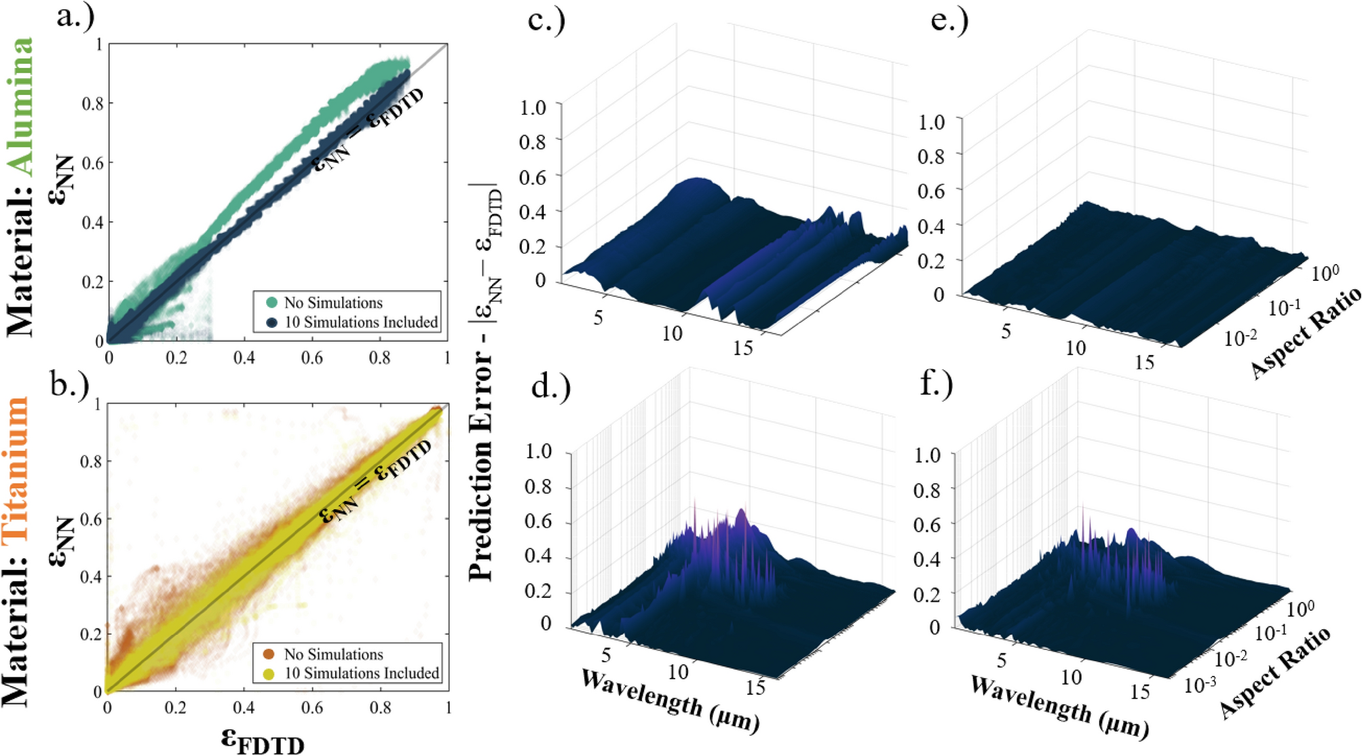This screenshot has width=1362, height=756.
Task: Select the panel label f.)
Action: pyautogui.click(x=937, y=384)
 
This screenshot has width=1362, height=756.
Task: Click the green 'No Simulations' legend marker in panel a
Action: pyautogui.click(x=271, y=303)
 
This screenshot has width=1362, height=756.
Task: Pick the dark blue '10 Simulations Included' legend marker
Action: pyautogui.click(x=271, y=322)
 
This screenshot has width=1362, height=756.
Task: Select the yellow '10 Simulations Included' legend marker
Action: pyautogui.click(x=269, y=674)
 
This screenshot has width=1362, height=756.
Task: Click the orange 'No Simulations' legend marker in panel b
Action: pyautogui.click(x=269, y=654)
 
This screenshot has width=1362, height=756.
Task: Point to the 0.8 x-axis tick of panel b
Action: pyautogui.click(x=380, y=708)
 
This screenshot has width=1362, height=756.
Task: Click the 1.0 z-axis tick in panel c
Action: pyautogui.click(x=533, y=107)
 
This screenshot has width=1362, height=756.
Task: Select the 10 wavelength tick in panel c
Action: pyautogui.click(x=671, y=333)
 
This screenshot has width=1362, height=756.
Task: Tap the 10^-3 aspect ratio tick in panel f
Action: pyautogui.click(x=1199, y=685)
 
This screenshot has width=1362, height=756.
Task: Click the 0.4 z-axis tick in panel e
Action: pyautogui.click(x=931, y=226)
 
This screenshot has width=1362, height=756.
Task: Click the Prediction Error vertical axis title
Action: pyautogui.click(x=483, y=380)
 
